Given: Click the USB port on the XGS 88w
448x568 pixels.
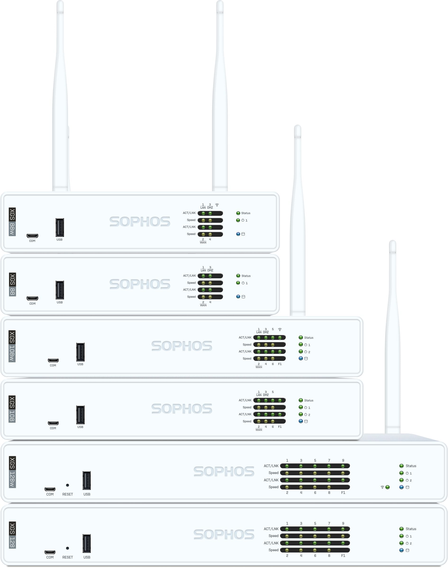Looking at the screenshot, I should click(59, 227).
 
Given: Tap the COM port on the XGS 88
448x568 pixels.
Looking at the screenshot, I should click(32, 298).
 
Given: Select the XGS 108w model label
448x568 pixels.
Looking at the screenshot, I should click(12, 346).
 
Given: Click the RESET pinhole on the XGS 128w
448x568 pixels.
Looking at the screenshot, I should click(68, 485).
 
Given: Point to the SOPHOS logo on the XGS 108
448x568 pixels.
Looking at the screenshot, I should click(181, 408).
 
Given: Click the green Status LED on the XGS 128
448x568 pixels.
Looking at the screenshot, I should click(401, 529).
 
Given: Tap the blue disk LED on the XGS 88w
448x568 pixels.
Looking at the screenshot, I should click(238, 234).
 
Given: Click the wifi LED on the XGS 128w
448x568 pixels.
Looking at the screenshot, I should click(387, 487).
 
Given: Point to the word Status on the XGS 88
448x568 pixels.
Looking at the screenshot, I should click(246, 276).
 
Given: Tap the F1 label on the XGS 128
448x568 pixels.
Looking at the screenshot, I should click(343, 555).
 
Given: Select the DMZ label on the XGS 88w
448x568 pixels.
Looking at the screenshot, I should click(210, 207).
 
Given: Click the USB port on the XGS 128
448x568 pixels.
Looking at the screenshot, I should click(86, 543).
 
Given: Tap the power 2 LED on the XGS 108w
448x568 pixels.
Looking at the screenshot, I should click(301, 352).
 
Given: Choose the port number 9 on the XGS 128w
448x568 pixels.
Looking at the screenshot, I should click(343, 460).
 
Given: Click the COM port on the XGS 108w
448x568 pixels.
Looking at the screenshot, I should click(53, 360).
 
